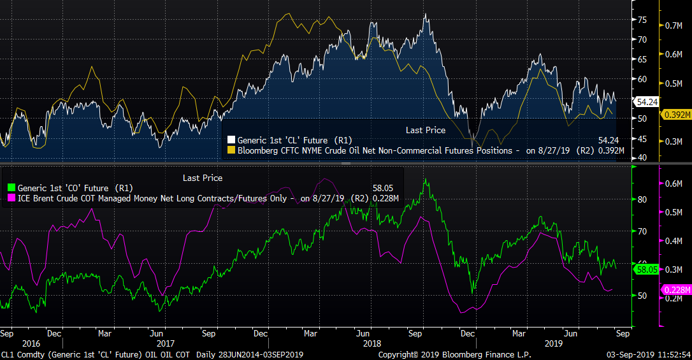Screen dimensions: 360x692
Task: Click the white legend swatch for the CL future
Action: click(231, 140)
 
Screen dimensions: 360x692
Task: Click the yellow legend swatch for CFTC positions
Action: click(231, 151)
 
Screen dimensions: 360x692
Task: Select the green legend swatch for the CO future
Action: click(11, 188)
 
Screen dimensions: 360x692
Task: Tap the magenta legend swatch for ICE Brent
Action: click(11, 198)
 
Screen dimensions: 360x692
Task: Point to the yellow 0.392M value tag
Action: click(674, 115)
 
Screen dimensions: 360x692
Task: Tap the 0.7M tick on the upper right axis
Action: click(674, 26)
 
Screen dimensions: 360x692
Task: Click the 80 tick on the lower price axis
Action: click(642, 199)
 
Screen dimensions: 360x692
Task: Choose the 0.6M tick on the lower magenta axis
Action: click(674, 184)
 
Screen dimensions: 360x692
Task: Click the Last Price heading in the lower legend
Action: click(203, 178)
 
